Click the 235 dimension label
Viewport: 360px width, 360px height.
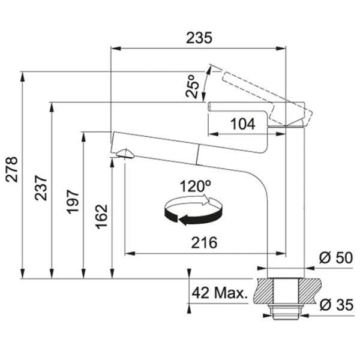coord(199,38)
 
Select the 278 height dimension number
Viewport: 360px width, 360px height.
coord(12,169)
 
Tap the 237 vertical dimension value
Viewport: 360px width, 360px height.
coord(41,188)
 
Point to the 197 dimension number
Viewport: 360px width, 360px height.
coord(73,202)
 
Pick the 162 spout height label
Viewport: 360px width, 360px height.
coord(101,217)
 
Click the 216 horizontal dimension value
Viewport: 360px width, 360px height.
coord(204,242)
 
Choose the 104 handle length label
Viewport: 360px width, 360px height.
coord(242,124)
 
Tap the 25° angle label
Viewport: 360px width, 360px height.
coord(193,86)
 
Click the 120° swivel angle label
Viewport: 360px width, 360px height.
coord(196,186)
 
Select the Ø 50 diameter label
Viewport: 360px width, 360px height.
coord(336,257)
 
